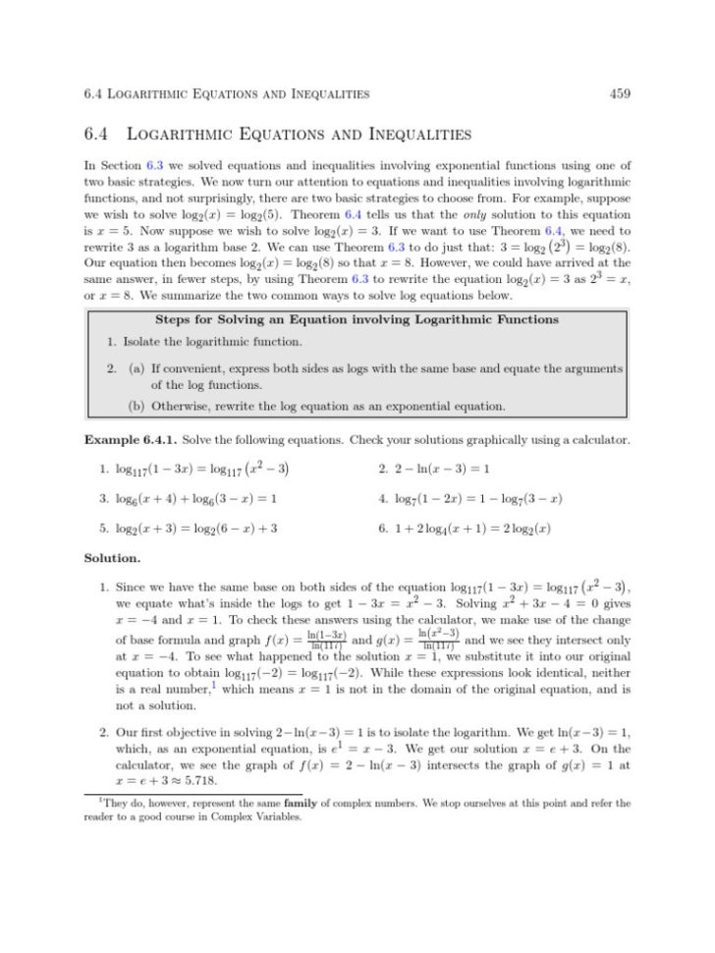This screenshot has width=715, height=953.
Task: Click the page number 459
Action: point(619,94)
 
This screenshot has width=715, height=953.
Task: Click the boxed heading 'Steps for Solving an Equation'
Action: point(357,319)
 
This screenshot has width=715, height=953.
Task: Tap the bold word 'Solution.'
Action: point(112,559)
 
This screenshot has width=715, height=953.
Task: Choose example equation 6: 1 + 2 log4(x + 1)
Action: point(469,529)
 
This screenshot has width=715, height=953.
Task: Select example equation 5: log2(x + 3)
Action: point(195,529)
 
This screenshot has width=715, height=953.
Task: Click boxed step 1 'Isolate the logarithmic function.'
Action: point(205,342)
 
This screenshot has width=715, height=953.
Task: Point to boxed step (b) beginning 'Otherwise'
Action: point(317,406)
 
